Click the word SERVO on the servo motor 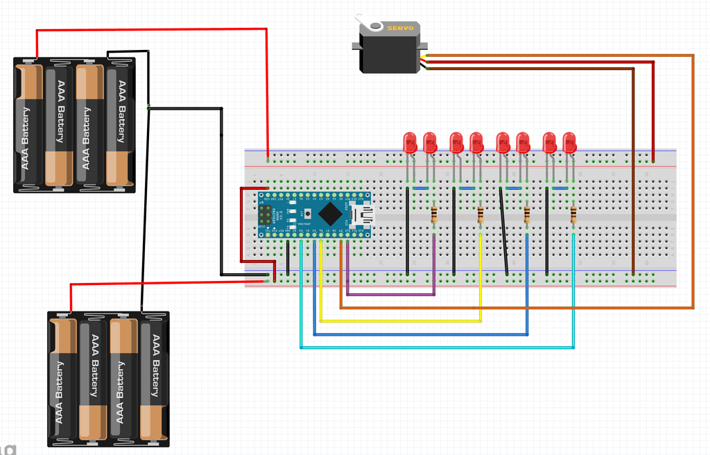coord(400,28)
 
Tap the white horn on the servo coord(375,26)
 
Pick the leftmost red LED coord(410,142)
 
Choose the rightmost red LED coord(569,142)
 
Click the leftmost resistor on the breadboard coord(434,215)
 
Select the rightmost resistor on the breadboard coord(573,215)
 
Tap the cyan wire coord(437,347)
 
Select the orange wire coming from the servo coord(693,180)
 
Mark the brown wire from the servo coord(634,173)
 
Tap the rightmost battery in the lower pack coord(154,378)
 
